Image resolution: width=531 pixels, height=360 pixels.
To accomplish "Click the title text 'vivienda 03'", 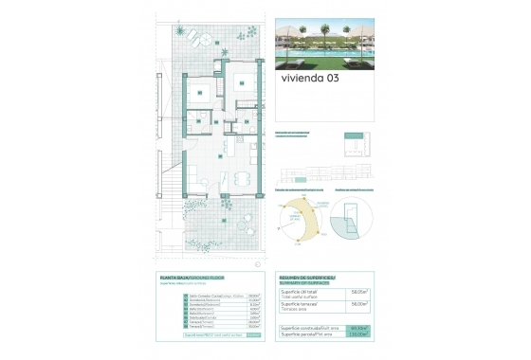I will [311, 80].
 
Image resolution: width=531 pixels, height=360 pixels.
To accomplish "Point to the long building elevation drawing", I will [322, 175].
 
